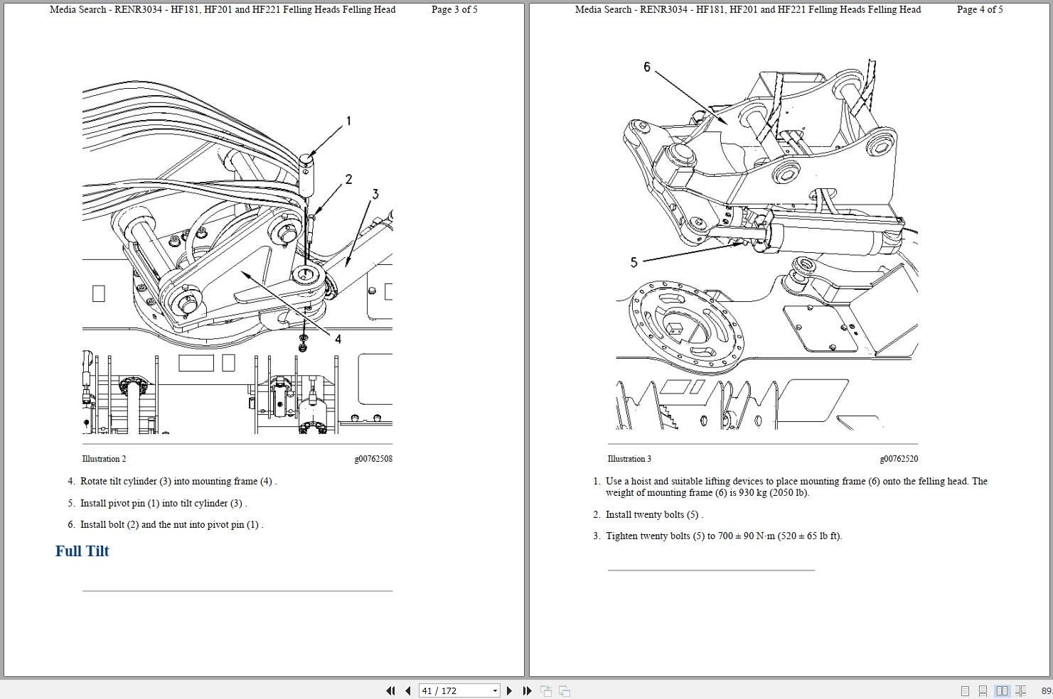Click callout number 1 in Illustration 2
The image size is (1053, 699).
tap(348, 121)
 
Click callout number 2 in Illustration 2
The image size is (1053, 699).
tap(348, 180)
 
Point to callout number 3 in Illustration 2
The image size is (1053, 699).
tap(375, 194)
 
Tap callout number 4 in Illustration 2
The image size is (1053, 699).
tap(338, 340)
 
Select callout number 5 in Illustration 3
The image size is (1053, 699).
tap(634, 262)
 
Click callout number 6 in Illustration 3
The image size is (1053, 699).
tap(646, 67)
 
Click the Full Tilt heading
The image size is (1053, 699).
tap(82, 551)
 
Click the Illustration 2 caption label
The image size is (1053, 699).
tap(104, 459)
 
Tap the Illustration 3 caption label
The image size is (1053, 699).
tap(629, 459)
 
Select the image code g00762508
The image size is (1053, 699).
tap(373, 459)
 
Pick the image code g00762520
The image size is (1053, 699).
tap(899, 459)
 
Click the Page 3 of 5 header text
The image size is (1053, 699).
tap(454, 9)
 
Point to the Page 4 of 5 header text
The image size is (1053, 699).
tap(980, 9)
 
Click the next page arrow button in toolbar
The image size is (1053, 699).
tap(509, 690)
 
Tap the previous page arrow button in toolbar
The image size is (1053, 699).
tap(407, 690)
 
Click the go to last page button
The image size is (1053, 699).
tap(527, 690)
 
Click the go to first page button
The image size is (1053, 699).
tap(390, 690)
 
